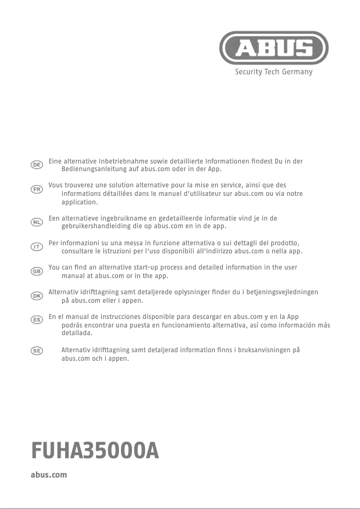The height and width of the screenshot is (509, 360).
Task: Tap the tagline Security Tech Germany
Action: pos(274,72)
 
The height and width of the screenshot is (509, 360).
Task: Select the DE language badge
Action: pos(37,165)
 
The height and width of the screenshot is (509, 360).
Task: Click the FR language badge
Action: pos(37,190)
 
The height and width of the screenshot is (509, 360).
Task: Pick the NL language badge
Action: pos(37,222)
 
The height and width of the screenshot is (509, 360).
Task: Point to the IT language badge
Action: pos(37,247)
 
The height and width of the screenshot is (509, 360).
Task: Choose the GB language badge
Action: pos(37,271)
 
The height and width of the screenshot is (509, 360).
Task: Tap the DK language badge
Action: pos(37,296)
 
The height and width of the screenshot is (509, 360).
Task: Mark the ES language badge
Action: pos(37,319)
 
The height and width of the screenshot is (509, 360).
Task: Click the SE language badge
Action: pos(37,351)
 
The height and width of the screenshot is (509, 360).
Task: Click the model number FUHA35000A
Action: pos(95,451)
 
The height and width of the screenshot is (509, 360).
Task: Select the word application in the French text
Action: pos(79,202)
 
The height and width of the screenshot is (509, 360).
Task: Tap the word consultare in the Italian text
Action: pos(77,251)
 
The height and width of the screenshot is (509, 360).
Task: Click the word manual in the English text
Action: pos(72,275)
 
